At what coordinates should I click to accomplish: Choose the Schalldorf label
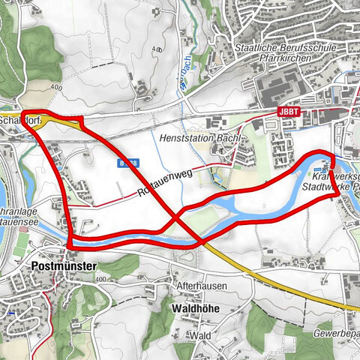click(x=16, y=118)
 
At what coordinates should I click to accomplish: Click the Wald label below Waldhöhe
click(x=199, y=335)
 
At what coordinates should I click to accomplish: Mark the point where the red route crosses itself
click(x=178, y=217)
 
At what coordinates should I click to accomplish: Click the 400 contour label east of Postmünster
click(x=102, y=280)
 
